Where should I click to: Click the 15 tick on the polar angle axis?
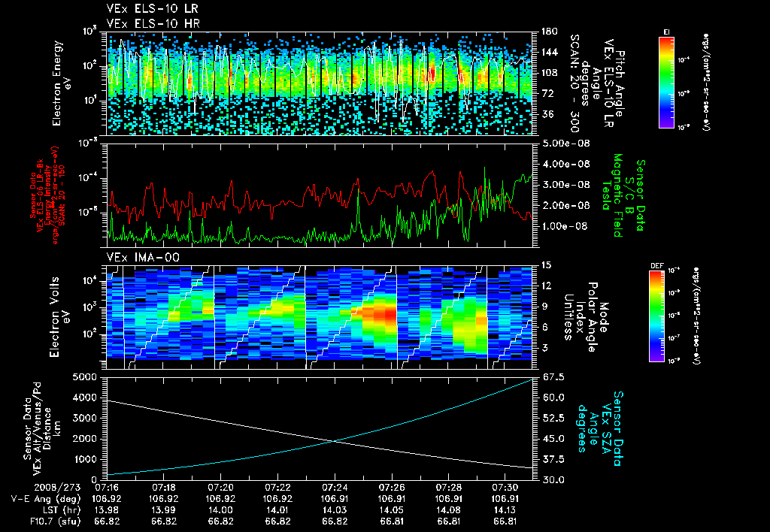[x=544, y=265]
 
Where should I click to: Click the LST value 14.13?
[x=505, y=509]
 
